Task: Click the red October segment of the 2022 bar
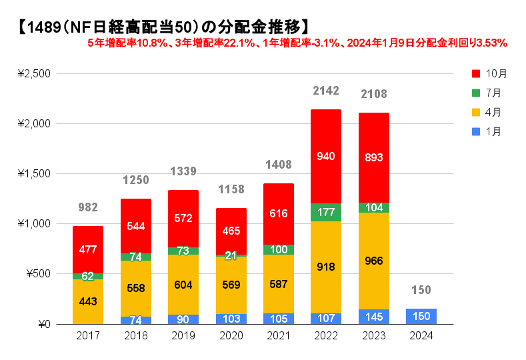point(325,156)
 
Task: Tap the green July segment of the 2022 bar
point(325,212)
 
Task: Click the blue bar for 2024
point(421,316)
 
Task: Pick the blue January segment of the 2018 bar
point(135,320)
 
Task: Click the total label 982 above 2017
point(88,208)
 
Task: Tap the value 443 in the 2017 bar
point(88,301)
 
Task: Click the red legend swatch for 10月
point(476,73)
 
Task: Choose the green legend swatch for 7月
point(476,92)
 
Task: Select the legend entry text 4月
point(494,112)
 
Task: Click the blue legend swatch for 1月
point(476,131)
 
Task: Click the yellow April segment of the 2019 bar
point(183,285)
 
